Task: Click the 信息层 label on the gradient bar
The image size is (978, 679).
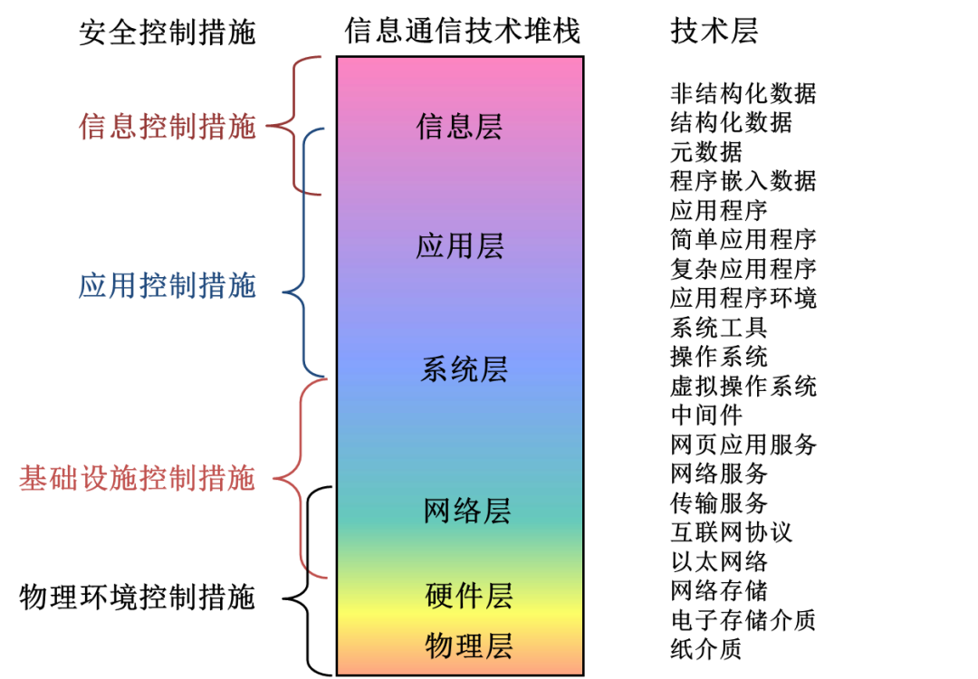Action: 459,127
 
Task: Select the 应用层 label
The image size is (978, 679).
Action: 459,246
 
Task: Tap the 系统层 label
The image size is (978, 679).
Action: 464,369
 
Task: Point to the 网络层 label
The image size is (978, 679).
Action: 467,511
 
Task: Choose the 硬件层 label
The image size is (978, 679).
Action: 469,596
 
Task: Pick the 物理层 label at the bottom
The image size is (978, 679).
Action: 469,646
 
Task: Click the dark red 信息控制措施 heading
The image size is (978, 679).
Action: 168,127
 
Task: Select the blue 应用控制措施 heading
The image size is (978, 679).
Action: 168,287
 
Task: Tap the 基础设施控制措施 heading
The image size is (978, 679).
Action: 137,479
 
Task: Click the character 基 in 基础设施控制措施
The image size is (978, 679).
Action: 33,479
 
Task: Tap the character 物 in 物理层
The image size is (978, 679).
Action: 439,646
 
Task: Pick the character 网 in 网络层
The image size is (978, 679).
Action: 438,511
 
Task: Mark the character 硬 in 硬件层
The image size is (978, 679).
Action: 439,596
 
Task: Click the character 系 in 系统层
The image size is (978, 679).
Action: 435,369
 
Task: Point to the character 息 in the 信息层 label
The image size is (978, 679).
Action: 459,127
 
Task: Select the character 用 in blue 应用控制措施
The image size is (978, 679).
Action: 123,287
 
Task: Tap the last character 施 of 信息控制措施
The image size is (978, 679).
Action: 242,127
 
